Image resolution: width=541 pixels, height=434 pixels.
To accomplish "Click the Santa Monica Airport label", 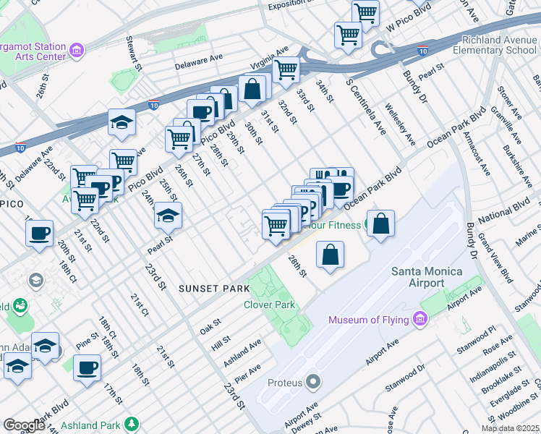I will [x=426, y=277].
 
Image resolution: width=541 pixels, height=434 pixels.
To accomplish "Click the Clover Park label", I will [x=269, y=305].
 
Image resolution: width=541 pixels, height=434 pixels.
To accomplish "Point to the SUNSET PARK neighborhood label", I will [x=209, y=289].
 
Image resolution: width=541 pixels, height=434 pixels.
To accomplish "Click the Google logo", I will [x=23, y=425].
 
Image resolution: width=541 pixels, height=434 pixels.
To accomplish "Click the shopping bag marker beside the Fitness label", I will [x=381, y=223].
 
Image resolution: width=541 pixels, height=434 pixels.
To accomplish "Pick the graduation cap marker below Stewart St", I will [x=122, y=122].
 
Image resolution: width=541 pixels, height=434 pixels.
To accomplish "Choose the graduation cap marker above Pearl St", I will [x=168, y=215].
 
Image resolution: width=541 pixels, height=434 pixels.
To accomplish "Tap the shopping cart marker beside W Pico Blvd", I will [x=365, y=12].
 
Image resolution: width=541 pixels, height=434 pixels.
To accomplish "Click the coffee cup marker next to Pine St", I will [x=88, y=367].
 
